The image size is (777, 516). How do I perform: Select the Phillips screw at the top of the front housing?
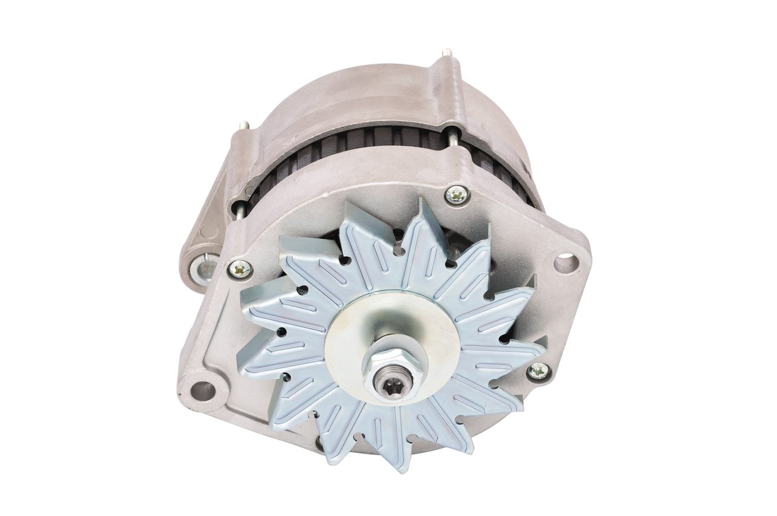click(x=456, y=194)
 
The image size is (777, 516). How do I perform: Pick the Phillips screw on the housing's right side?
click(x=538, y=371)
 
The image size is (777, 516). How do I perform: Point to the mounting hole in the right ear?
click(x=566, y=263)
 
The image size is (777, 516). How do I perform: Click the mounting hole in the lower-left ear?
click(x=203, y=390)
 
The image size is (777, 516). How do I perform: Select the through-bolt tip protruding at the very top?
click(x=447, y=53)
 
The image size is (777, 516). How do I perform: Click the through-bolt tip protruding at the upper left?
click(x=243, y=125)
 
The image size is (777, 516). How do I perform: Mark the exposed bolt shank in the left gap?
click(x=240, y=209)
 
